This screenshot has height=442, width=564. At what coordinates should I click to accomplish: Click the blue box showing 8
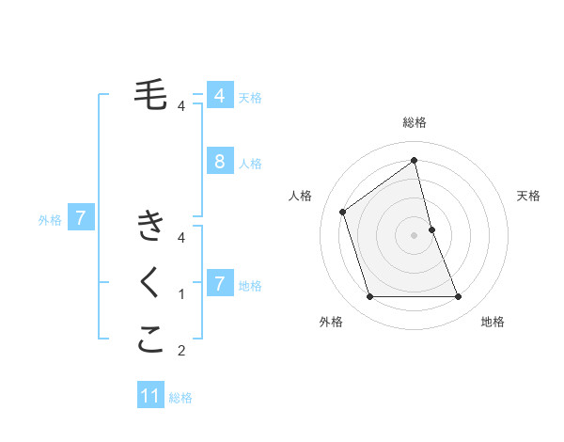219,162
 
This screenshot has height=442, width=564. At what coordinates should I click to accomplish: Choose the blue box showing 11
150,396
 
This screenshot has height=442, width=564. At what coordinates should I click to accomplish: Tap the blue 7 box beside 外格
81,219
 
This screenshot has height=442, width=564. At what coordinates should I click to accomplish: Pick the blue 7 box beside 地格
219,284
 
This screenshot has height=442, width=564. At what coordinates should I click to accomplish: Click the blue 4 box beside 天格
219,96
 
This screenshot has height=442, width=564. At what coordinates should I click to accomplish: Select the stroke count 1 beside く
181,294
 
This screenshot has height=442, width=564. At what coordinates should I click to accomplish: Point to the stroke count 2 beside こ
181,352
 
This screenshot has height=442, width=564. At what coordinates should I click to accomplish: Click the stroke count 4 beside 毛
181,105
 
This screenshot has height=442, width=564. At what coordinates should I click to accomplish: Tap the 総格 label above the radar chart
415,122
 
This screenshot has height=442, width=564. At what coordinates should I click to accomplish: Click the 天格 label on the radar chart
528,196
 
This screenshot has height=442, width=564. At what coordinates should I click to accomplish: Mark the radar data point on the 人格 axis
343,211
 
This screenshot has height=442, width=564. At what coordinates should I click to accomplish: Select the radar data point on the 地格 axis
459,297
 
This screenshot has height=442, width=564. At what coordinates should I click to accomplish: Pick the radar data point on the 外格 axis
369,297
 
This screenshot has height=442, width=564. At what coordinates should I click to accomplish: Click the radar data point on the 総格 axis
415,160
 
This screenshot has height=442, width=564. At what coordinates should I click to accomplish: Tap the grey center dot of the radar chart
415,234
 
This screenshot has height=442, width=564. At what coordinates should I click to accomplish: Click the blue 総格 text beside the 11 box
180,398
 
